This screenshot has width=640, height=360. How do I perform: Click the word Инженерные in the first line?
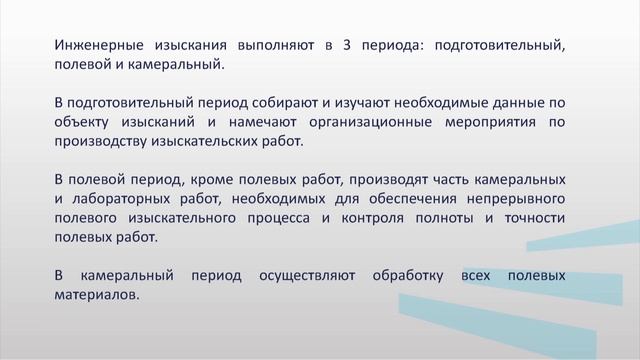coord(95,46)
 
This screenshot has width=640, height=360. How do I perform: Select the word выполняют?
coord(274,46)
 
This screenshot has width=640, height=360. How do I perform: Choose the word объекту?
coord(84,122)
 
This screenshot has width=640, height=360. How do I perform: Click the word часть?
coord(427,179)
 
